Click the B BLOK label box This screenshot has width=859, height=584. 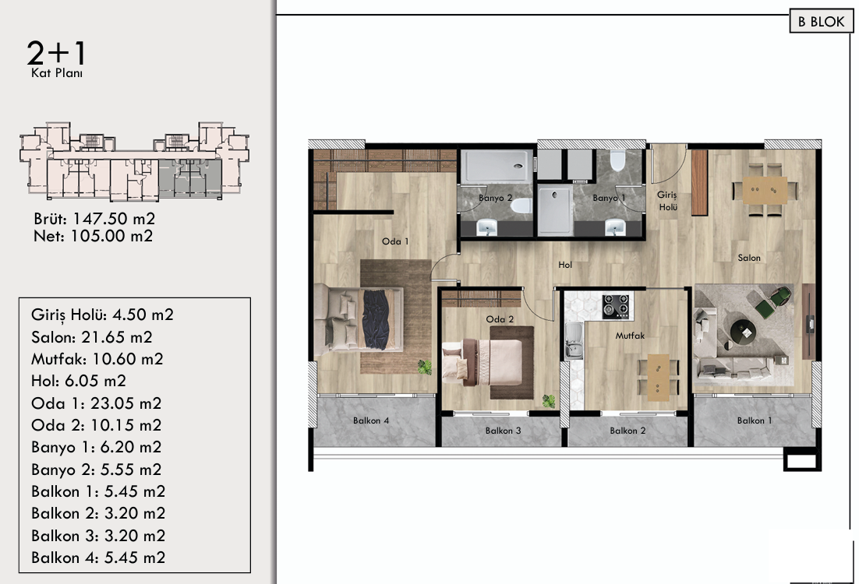tap(822, 21)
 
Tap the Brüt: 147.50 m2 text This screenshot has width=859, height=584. tap(94, 219)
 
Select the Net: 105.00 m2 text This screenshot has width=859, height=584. tap(93, 236)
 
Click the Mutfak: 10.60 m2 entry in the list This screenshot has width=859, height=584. tap(97, 359)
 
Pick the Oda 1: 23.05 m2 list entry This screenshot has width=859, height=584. tap(97, 403)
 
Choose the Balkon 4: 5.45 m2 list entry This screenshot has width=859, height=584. tap(98, 558)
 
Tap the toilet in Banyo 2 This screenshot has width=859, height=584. tap(521, 206)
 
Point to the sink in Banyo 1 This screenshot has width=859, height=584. tap(615, 227)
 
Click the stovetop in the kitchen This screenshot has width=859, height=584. tap(615, 307)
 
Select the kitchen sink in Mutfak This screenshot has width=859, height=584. tap(572, 341)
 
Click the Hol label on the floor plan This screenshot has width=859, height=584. tap(565, 265)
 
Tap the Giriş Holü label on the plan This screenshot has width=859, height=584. tap(668, 201)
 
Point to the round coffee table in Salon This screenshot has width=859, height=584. tap(743, 332)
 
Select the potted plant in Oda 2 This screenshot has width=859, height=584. tap(549, 401)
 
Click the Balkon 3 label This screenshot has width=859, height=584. tap(503, 431)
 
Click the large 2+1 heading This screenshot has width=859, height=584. tap(56, 54)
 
